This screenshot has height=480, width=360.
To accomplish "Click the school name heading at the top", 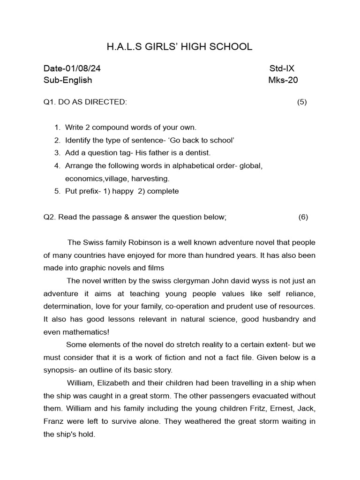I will pyautogui.click(x=180, y=47).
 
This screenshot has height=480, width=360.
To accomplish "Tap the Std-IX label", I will pyautogui.click(x=282, y=68).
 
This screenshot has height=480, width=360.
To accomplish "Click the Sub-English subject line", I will pyautogui.click(x=67, y=80).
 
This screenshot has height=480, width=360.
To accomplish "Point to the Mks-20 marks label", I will pyautogui.click(x=283, y=80).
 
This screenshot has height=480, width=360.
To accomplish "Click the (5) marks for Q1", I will pyautogui.click(x=302, y=102).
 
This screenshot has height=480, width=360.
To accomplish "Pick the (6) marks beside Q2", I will pyautogui.click(x=303, y=217).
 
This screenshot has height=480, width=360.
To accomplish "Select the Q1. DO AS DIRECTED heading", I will pyautogui.click(x=85, y=102).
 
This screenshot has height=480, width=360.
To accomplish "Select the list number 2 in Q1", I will pyautogui.click(x=57, y=140).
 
